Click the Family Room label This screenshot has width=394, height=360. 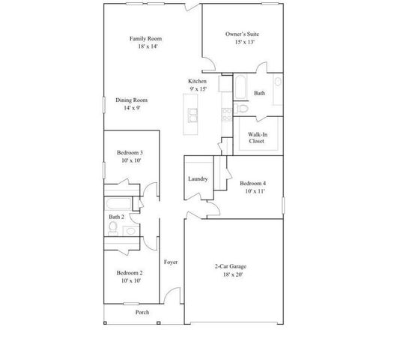coord(145,39)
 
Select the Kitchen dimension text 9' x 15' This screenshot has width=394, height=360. coord(198,90)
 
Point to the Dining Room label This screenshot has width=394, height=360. coord(131,100)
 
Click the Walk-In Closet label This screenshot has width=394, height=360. coord(257,136)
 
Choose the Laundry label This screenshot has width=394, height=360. coord(198,178)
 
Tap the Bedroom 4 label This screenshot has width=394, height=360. coord(252,183)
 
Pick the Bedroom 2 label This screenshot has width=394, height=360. coord(130,272)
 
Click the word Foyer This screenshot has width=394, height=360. coord(171,262)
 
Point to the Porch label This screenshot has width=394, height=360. coord(142,312)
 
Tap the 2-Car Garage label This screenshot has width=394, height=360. coord(232,266)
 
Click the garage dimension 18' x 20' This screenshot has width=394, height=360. coord(232,275)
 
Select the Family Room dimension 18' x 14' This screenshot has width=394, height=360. coord(145,47)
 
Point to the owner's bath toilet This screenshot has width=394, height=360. coord(241,109)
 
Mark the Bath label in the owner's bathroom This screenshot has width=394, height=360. coord(259,93)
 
